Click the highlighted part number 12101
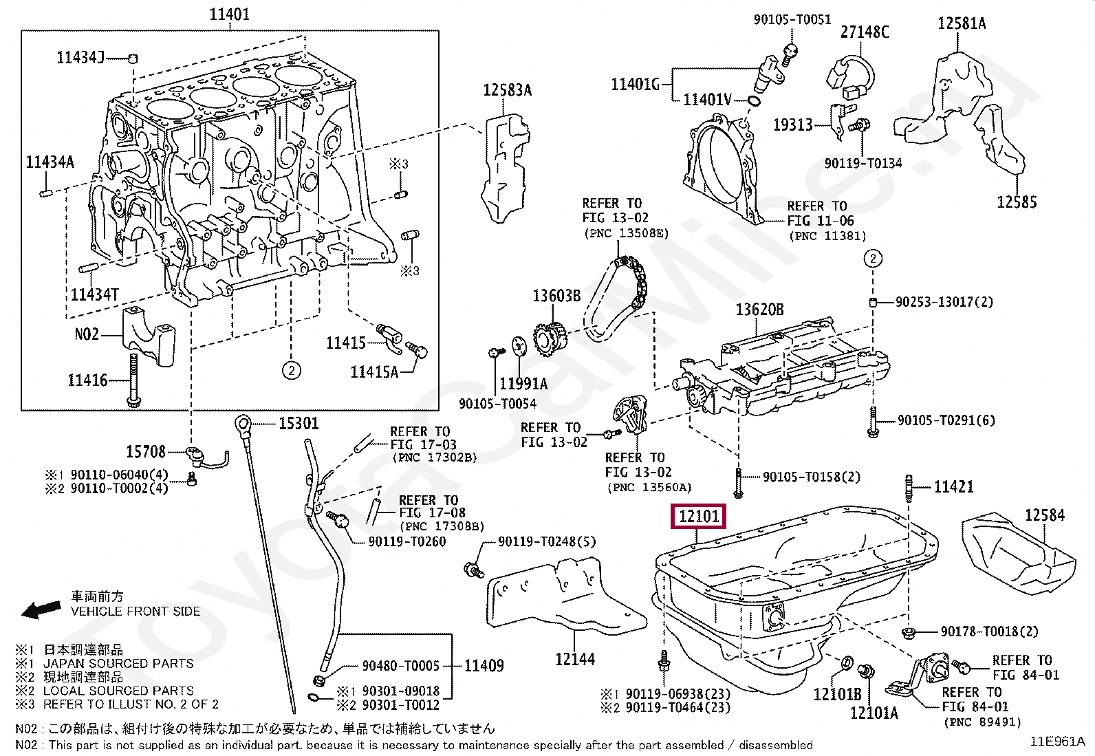(x=698, y=516)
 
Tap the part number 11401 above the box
(x=229, y=14)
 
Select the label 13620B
(x=759, y=310)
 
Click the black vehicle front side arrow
(x=41, y=609)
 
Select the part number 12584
(x=1044, y=515)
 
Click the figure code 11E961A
(x=1056, y=742)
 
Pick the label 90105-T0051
(x=792, y=20)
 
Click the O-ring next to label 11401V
(x=755, y=102)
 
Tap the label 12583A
(x=507, y=90)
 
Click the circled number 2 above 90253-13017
(x=872, y=259)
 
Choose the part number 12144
(x=574, y=659)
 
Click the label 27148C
(x=865, y=32)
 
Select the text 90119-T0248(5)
(x=547, y=542)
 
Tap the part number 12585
(x=1017, y=202)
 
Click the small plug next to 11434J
(x=134, y=57)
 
